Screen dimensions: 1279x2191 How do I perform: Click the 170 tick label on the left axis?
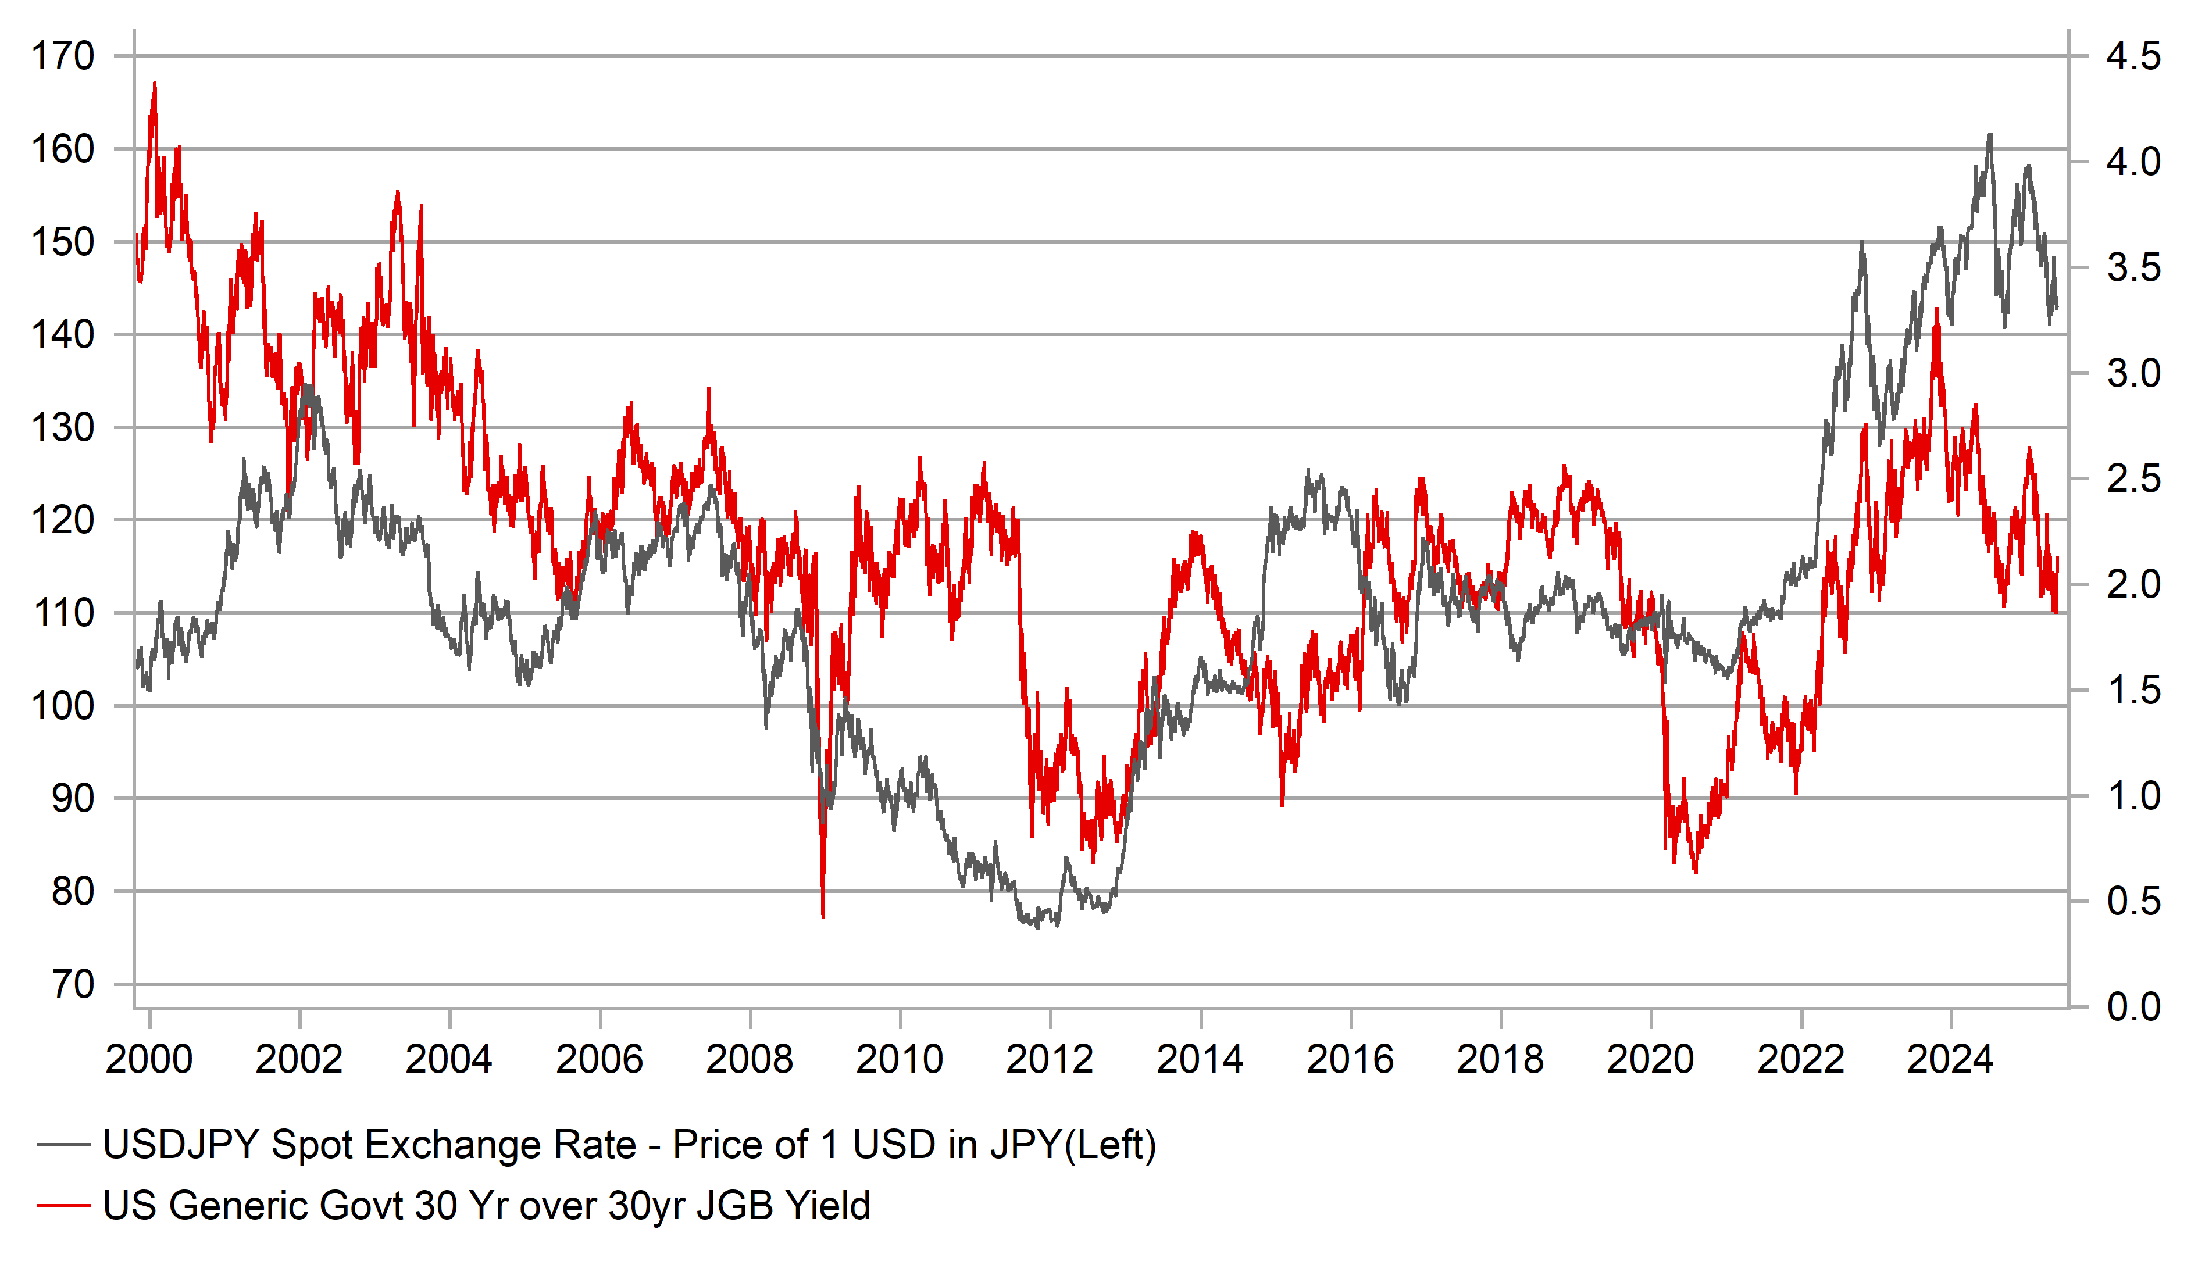(x=63, y=56)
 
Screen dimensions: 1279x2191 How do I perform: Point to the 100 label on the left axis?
(x=63, y=706)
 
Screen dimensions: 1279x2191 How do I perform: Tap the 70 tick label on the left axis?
(x=73, y=984)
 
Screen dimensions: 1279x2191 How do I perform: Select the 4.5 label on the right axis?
(x=2133, y=56)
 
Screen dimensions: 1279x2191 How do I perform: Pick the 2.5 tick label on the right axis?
(x=2133, y=479)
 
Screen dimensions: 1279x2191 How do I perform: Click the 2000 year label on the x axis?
(x=149, y=1060)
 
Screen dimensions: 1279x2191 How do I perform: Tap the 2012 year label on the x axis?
(x=1050, y=1060)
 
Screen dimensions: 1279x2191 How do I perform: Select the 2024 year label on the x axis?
(x=1950, y=1060)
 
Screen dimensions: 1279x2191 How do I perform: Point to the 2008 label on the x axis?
(x=750, y=1060)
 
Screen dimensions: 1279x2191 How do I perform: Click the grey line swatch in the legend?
(x=63, y=1145)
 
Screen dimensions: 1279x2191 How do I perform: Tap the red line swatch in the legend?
(x=63, y=1206)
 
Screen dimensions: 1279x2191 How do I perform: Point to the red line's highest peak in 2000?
(x=155, y=84)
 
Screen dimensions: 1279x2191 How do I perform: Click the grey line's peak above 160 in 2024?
(x=1990, y=135)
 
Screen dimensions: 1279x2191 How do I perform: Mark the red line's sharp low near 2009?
(x=822, y=916)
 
